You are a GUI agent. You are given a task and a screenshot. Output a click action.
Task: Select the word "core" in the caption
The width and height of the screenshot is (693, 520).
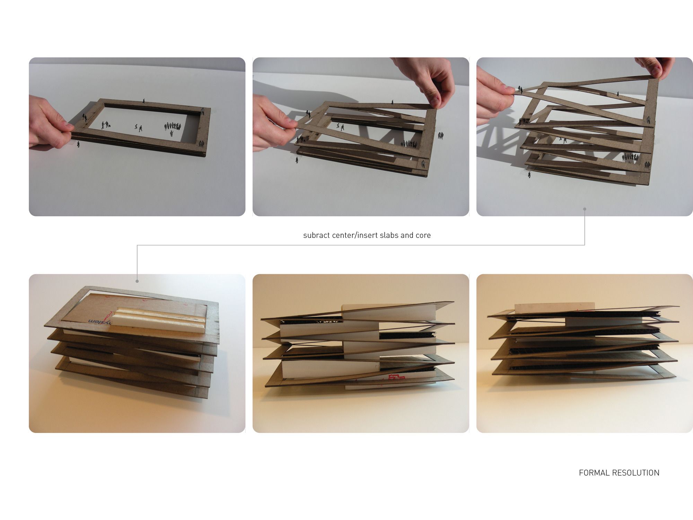(x=423, y=235)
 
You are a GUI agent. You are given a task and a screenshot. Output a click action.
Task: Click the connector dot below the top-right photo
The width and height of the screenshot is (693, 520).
(x=585, y=209)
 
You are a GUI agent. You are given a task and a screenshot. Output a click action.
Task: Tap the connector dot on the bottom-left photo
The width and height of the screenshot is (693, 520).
(x=137, y=281)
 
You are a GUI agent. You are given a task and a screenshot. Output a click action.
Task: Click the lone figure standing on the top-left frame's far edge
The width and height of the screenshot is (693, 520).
(x=144, y=101)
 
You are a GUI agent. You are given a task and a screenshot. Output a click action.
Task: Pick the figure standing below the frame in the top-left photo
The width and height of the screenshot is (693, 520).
(x=78, y=144)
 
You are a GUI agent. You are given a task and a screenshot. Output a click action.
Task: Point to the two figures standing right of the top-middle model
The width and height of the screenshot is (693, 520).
(x=440, y=136)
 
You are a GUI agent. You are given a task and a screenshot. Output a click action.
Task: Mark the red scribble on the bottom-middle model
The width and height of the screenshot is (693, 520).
(x=395, y=378)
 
